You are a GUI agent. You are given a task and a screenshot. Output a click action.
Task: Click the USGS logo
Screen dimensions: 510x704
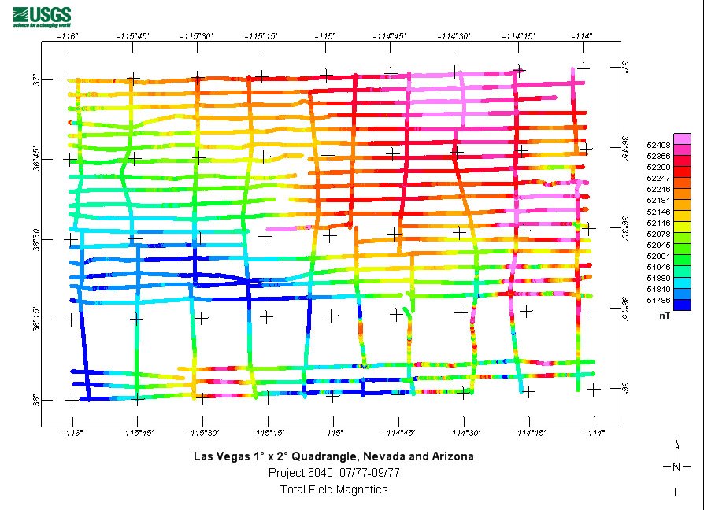pyautogui.click(x=42, y=16)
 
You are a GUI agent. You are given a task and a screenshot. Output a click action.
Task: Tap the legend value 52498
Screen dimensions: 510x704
pyautogui.click(x=658, y=145)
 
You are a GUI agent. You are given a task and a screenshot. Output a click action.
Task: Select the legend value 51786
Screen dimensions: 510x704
pyautogui.click(x=658, y=300)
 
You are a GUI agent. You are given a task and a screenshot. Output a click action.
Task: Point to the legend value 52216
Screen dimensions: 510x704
pyautogui.click(x=658, y=190)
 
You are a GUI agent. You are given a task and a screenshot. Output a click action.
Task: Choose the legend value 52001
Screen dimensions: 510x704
pyautogui.click(x=658, y=256)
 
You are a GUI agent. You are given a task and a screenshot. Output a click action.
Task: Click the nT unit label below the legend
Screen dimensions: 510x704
pyautogui.click(x=665, y=315)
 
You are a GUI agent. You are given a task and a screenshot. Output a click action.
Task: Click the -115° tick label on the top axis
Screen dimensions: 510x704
pyautogui.click(x=326, y=35)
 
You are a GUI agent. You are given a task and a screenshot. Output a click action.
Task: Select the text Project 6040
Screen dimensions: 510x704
pyautogui.click(x=298, y=473)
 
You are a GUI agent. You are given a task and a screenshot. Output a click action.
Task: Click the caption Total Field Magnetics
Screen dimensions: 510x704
pyautogui.click(x=334, y=490)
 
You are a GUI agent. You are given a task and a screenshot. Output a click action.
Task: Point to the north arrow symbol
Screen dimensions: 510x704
pyautogui.click(x=676, y=467)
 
